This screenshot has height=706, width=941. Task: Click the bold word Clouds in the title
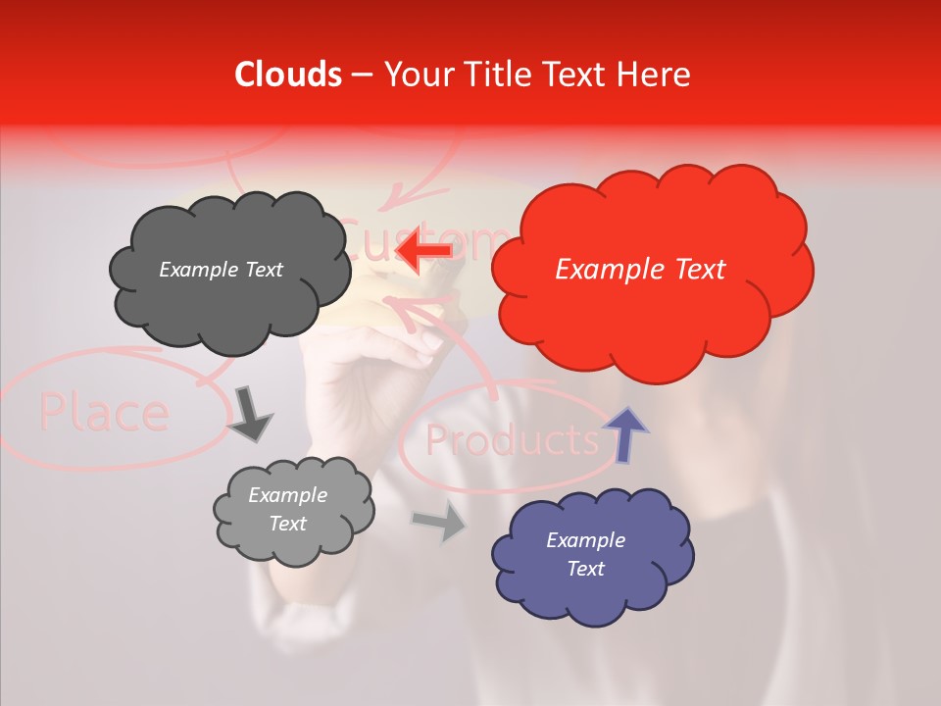click(x=288, y=75)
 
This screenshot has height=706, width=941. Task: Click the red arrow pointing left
click(x=424, y=249)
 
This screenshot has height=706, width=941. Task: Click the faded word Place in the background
click(x=103, y=414)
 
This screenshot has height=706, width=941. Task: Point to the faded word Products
click(x=512, y=441)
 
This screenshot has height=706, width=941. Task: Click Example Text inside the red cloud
click(x=640, y=270)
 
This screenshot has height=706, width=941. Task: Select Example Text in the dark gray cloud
click(x=221, y=270)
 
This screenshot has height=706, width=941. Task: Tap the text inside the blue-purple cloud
click(x=585, y=554)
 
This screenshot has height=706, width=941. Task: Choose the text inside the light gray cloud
click(x=287, y=510)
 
